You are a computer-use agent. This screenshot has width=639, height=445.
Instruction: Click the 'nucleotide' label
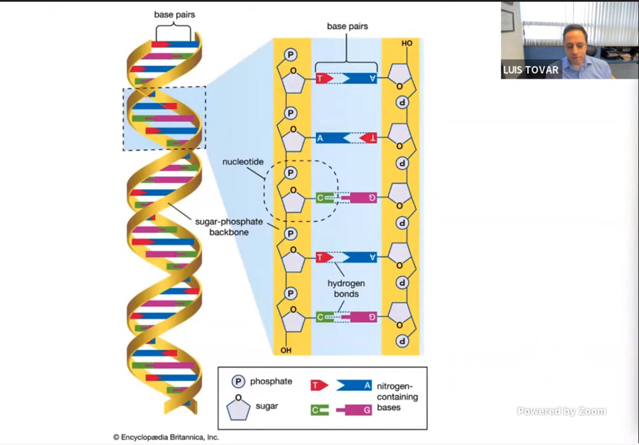point(243,162)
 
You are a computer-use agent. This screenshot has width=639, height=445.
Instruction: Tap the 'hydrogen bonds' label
point(346,288)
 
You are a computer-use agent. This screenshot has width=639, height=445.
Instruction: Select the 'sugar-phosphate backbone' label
point(229,227)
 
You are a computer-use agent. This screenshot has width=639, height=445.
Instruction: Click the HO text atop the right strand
point(407,43)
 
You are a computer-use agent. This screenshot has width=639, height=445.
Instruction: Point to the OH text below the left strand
point(286,350)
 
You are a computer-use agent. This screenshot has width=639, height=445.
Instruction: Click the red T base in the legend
point(319,385)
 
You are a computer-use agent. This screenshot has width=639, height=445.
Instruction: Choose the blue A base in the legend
point(354,385)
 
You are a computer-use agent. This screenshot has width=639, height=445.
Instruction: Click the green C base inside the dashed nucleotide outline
point(325,198)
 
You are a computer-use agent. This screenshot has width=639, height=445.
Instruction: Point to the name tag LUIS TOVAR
point(530,70)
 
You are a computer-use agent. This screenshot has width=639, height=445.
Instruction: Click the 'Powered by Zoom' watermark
point(562,411)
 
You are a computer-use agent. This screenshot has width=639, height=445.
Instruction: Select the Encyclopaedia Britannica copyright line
point(166,438)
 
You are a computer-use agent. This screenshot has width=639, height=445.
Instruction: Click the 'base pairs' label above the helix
point(174,14)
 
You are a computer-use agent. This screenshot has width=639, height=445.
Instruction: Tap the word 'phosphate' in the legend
point(271,382)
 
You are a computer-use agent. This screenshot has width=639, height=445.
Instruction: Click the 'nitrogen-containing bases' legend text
point(397,397)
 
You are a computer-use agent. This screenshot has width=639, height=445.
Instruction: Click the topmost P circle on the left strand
point(291,55)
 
